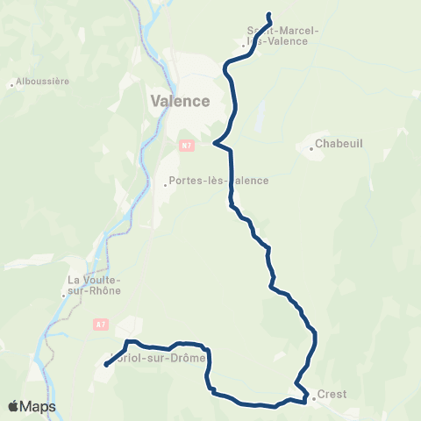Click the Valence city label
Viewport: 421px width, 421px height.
(180, 101)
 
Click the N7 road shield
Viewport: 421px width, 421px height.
(186, 146)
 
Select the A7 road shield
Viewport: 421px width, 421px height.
(98, 324)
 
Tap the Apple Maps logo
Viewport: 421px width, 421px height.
(32, 406)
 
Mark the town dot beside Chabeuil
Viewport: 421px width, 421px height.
(310, 148)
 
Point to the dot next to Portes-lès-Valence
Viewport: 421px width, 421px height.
(165, 185)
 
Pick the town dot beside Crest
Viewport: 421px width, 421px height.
(312, 396)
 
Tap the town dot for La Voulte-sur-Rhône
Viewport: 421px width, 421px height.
(63, 296)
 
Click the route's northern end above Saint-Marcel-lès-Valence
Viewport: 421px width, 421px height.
(268, 14)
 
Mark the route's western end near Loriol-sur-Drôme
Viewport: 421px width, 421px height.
(105, 365)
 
